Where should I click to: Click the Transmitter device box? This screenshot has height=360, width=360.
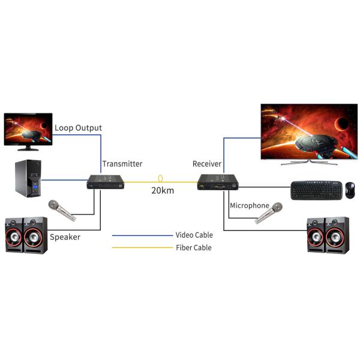click(x=106, y=182)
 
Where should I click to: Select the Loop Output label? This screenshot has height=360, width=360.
click(x=78, y=128)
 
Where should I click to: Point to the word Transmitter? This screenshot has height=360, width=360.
click(x=122, y=164)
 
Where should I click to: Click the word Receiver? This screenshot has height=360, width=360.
click(x=207, y=164)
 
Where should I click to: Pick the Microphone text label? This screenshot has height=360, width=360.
click(x=250, y=206)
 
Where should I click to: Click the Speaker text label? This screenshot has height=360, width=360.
click(x=65, y=237)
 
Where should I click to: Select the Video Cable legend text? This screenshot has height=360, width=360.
click(x=193, y=235)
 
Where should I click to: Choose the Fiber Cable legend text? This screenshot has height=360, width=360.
click(x=193, y=248)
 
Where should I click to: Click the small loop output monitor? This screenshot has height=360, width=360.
click(x=28, y=129)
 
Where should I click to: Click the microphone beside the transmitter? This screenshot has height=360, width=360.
click(x=62, y=211)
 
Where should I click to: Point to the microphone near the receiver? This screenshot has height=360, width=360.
click(x=269, y=213)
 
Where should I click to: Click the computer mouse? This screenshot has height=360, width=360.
click(x=350, y=190)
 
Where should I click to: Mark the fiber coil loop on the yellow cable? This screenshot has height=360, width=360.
click(x=160, y=179)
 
